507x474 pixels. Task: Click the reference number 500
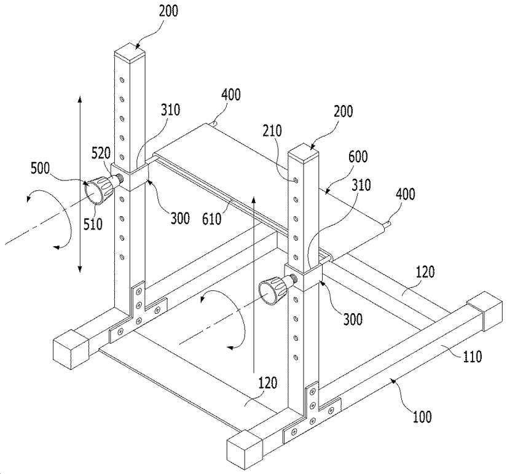[40, 169]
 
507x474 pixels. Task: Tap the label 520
[101, 153]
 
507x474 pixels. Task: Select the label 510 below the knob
[93, 224]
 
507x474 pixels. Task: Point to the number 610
[212, 219]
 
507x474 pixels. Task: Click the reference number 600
[358, 157]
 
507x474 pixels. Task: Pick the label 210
[272, 131]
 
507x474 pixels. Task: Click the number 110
[473, 356]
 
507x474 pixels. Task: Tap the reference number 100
[422, 417]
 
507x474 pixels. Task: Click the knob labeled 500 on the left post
[100, 189]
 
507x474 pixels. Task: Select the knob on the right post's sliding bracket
[277, 289]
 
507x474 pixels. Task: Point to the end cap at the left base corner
[71, 349]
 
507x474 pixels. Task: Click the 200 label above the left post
[168, 11]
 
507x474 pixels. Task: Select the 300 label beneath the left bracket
[180, 219]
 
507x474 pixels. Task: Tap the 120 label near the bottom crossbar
[268, 383]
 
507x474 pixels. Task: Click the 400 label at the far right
[406, 194]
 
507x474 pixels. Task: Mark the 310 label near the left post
[170, 110]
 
